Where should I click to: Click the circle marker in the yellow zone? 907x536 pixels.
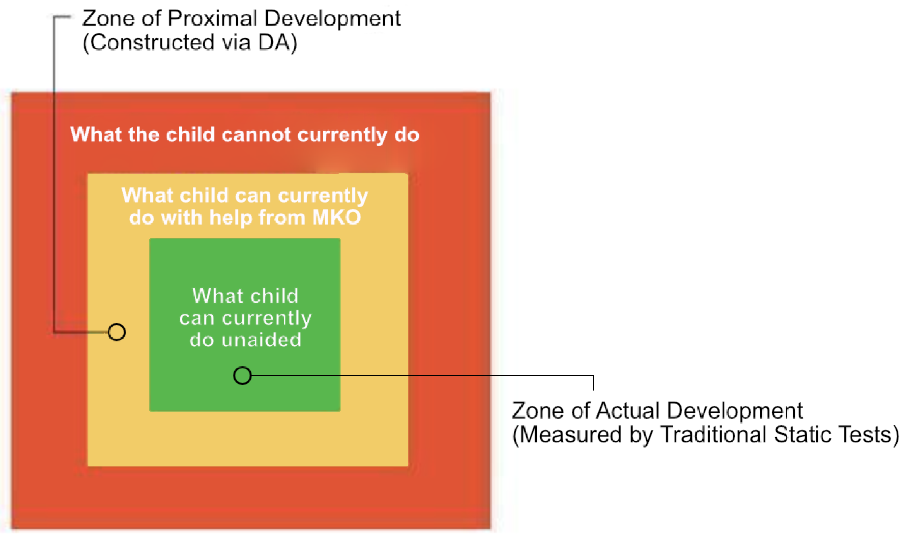tap(116, 332)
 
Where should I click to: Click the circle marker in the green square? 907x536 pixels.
tap(243, 375)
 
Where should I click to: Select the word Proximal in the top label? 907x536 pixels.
tap(212, 18)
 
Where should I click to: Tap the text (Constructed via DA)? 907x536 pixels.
tap(190, 43)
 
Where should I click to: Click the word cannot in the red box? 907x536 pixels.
tap(256, 135)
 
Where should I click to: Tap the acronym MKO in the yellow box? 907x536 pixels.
tap(336, 217)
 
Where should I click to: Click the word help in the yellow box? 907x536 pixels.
tap(231, 217)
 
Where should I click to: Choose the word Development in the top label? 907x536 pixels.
tap(333, 18)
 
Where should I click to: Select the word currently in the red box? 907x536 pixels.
tap(342, 135)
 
